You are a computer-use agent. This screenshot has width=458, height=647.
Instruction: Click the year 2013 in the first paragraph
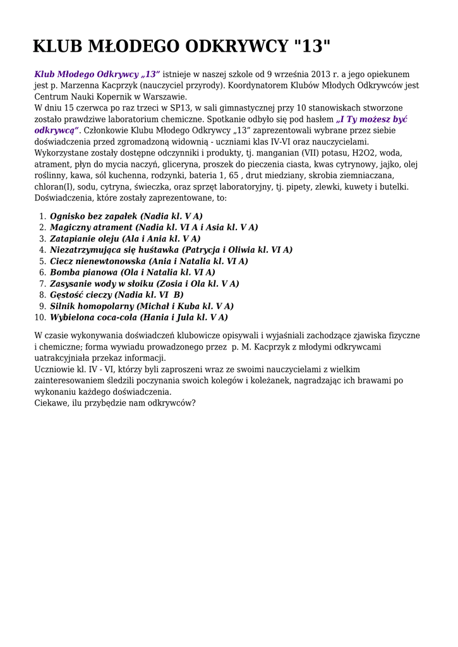coord(322,74)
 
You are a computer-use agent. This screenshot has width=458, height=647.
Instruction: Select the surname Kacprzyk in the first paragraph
coord(118,85)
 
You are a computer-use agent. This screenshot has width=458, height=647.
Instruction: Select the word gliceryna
coord(181,165)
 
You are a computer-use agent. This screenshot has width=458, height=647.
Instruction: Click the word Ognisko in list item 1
coord(68,216)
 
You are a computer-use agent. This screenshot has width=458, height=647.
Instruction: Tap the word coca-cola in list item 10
coord(116,318)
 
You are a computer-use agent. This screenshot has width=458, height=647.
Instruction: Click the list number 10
coord(40,318)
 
